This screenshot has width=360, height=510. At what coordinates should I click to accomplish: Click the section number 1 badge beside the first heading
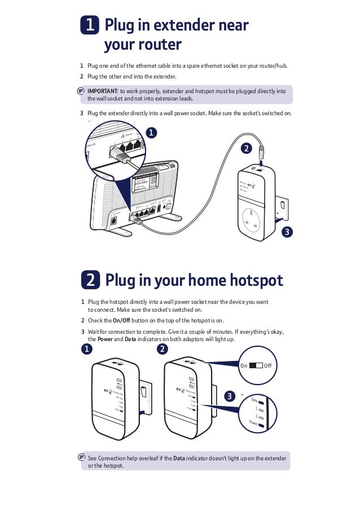pos(90,26)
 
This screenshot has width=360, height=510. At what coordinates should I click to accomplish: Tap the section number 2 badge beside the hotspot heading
pos(90,280)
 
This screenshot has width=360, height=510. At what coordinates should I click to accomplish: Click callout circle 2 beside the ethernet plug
pos(245,149)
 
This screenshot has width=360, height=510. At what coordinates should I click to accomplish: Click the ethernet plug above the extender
pos(261,151)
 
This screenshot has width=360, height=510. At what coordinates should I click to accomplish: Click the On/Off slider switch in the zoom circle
pos(256,366)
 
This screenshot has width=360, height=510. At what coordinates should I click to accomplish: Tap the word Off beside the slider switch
pos(268,366)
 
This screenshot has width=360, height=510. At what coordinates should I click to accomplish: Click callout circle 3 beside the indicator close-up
pos(229,396)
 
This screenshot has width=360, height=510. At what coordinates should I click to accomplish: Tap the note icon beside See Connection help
pos(82,456)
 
